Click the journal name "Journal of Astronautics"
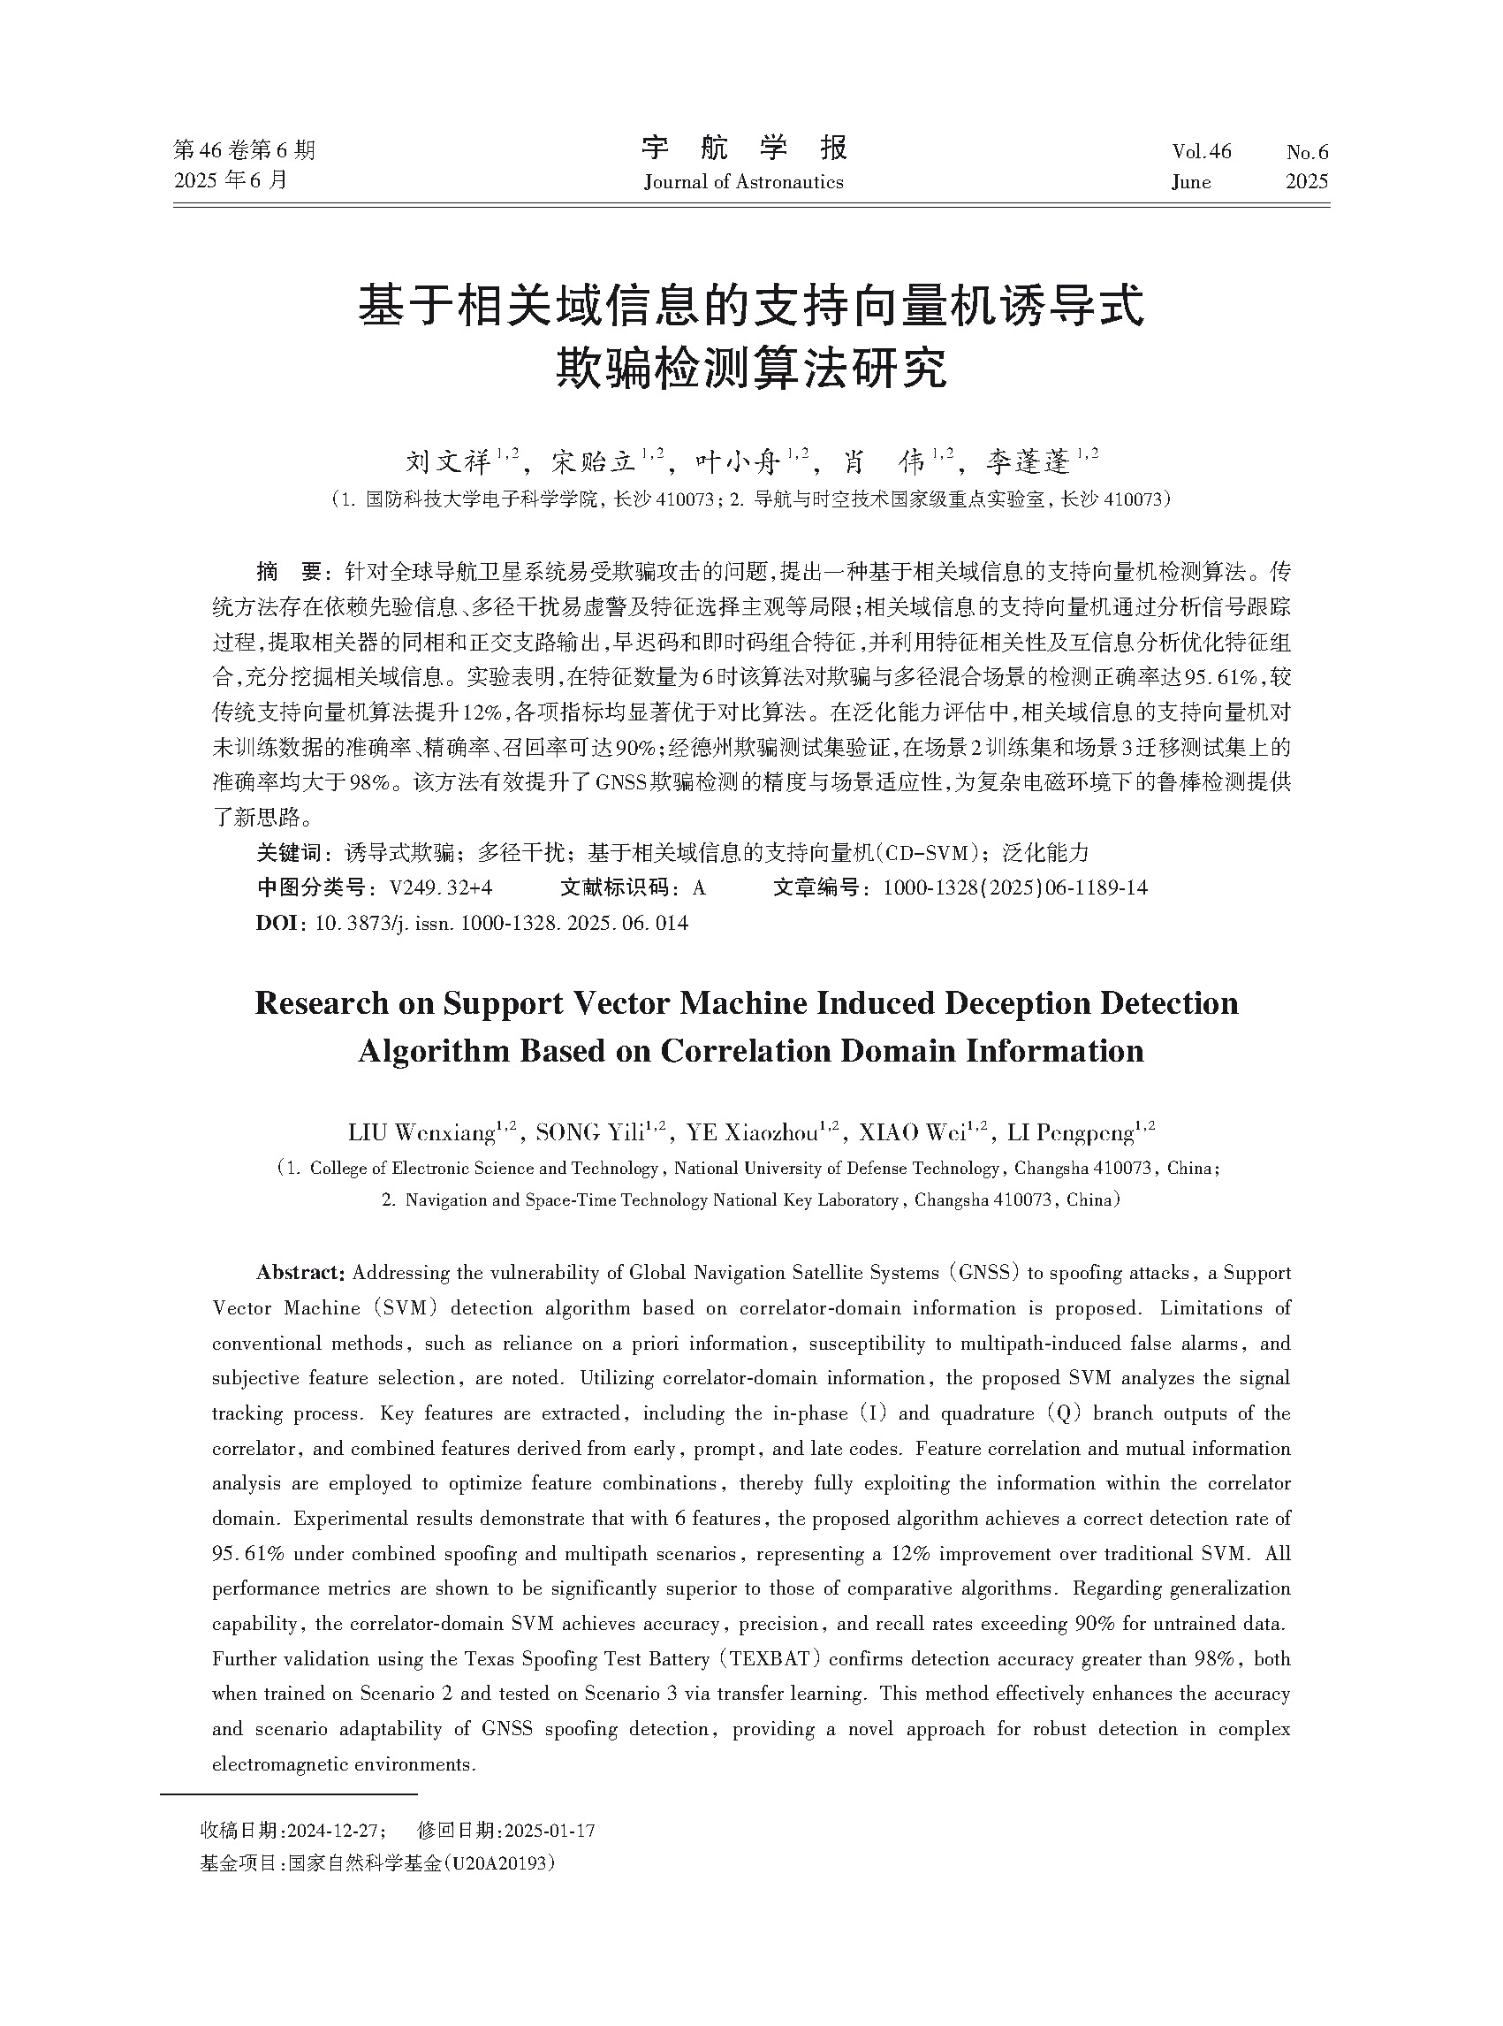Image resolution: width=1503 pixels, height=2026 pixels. click(743, 182)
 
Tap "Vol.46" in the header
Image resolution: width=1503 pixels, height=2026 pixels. click(1201, 151)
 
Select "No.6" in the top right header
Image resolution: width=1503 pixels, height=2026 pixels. click(1308, 151)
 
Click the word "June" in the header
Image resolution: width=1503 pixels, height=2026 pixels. click(1191, 182)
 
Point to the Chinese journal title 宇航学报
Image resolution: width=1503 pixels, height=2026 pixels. click(744, 148)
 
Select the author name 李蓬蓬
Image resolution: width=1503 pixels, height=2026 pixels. click(1029, 462)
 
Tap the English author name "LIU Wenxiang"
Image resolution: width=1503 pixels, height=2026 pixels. click(421, 1133)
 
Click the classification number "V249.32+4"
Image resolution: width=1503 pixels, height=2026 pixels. click(441, 887)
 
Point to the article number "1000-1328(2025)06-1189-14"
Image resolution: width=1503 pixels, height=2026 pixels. click(1015, 887)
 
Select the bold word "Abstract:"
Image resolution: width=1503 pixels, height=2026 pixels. click(300, 1272)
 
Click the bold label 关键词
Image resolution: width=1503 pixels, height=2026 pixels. click(288, 853)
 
